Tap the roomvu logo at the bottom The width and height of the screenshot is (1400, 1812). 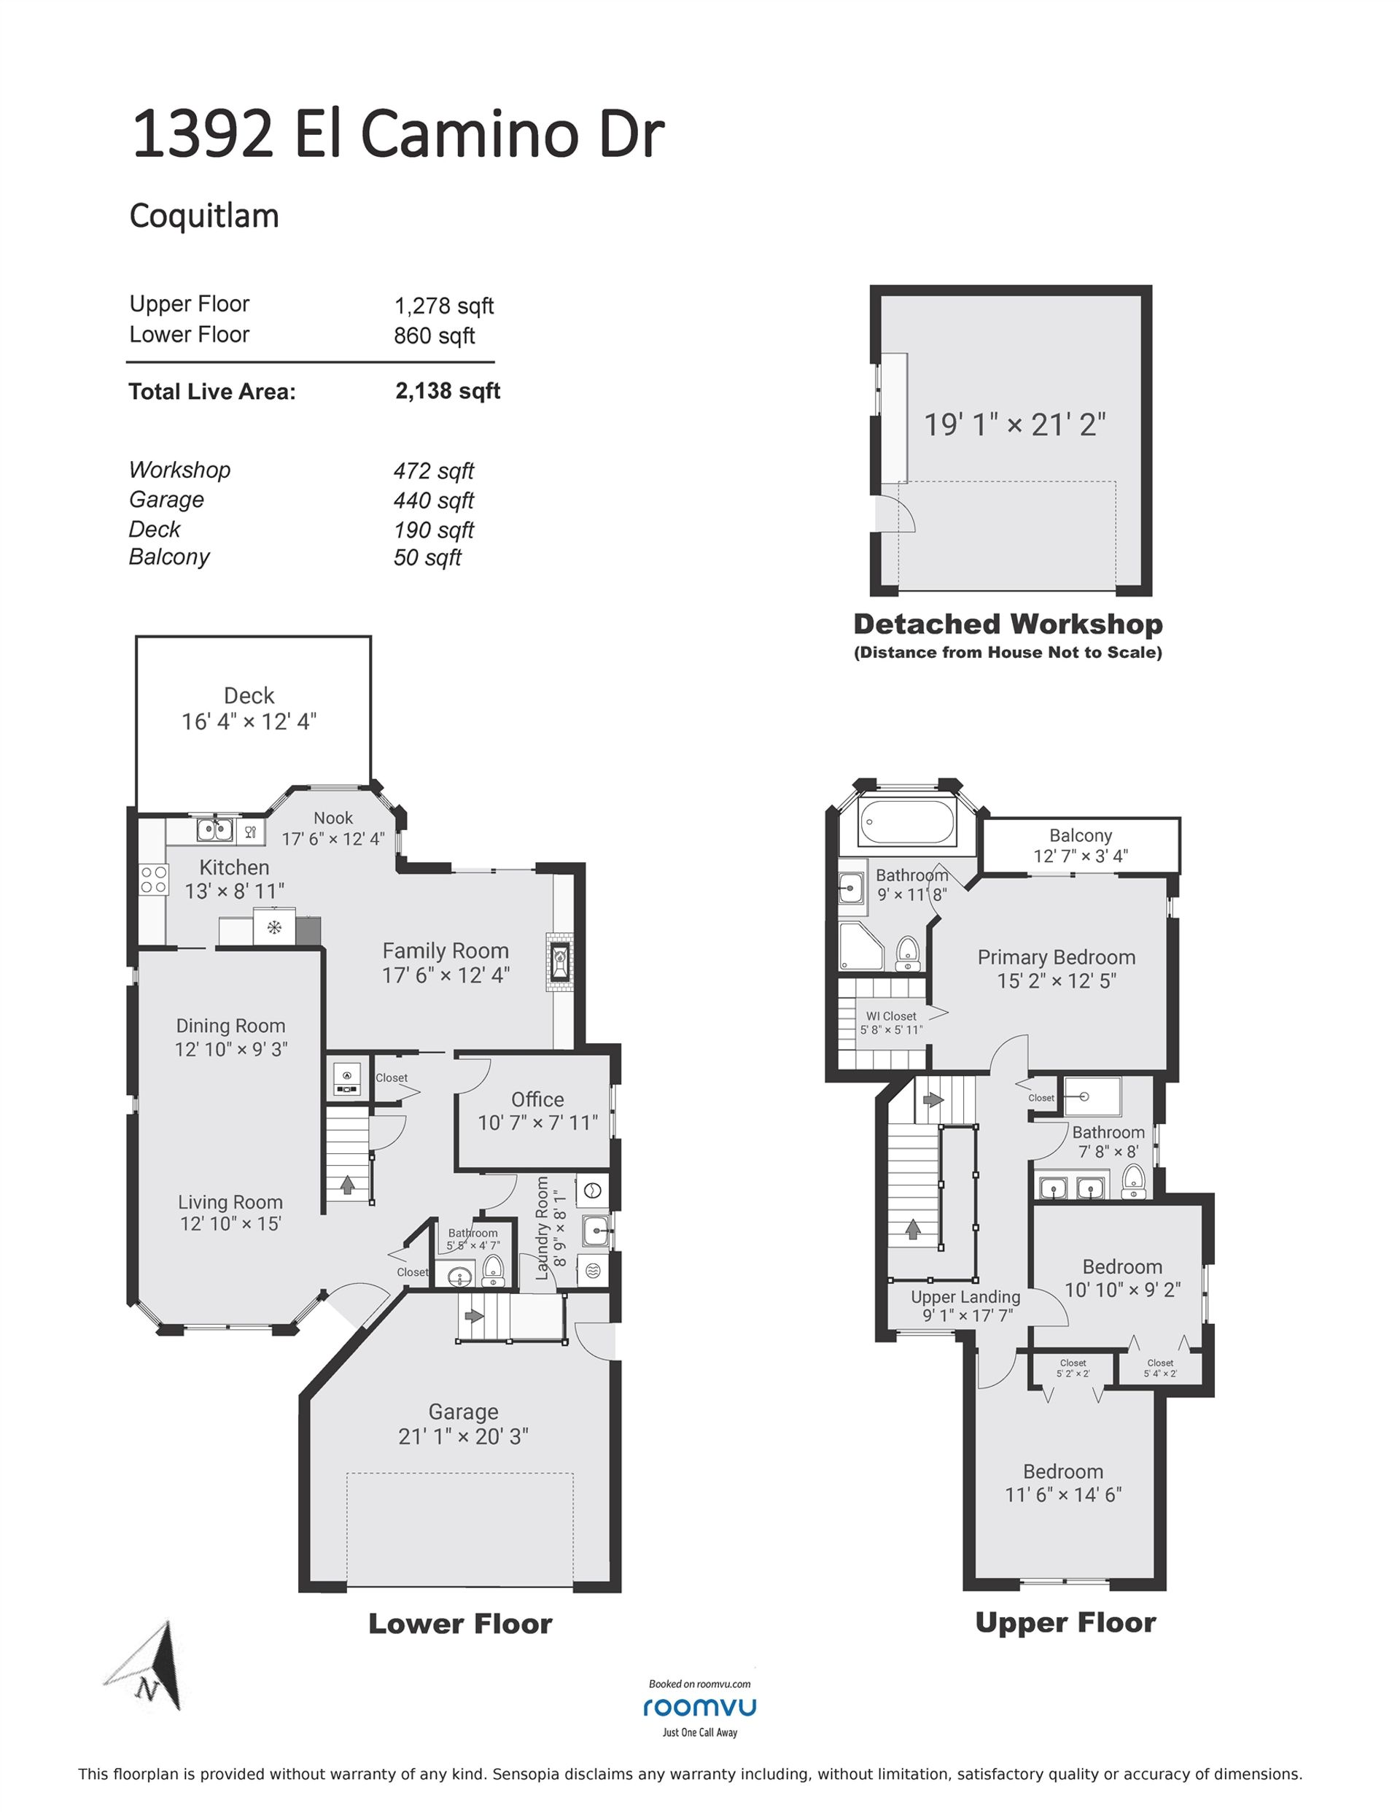pyautogui.click(x=699, y=1707)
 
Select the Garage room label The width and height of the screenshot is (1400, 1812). pyautogui.click(x=463, y=1412)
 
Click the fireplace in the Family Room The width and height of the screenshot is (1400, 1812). pyautogui.click(x=560, y=961)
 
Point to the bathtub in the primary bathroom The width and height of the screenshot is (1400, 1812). pyautogui.click(x=907, y=822)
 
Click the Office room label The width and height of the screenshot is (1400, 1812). pyautogui.click(x=537, y=1099)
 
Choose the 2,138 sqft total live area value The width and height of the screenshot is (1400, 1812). pyautogui.click(x=448, y=391)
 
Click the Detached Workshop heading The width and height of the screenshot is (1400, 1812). pyautogui.click(x=1008, y=624)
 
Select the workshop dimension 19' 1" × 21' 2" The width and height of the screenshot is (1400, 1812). pyautogui.click(x=1015, y=425)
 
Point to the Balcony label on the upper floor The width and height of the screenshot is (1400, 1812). pyautogui.click(x=1080, y=835)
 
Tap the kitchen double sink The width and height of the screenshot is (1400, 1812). pyautogui.click(x=214, y=829)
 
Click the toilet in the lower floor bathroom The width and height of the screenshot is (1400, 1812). pyautogui.click(x=494, y=1269)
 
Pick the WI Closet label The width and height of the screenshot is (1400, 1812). pyautogui.click(x=892, y=1016)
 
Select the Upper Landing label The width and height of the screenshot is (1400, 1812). pyautogui.click(x=965, y=1297)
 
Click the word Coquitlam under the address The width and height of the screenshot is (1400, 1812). pyautogui.click(x=204, y=217)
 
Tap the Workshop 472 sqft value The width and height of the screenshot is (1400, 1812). pyautogui.click(x=434, y=471)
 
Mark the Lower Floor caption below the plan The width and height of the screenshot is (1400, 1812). pyautogui.click(x=460, y=1624)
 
